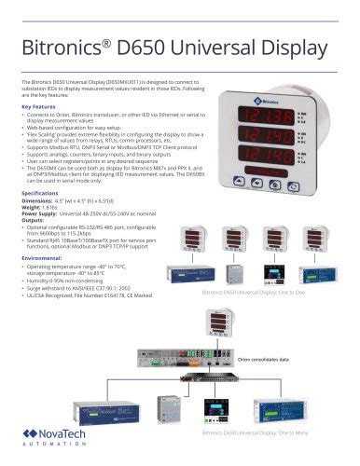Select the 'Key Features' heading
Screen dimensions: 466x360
(45, 106)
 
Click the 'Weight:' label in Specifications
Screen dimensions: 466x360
(35, 208)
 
